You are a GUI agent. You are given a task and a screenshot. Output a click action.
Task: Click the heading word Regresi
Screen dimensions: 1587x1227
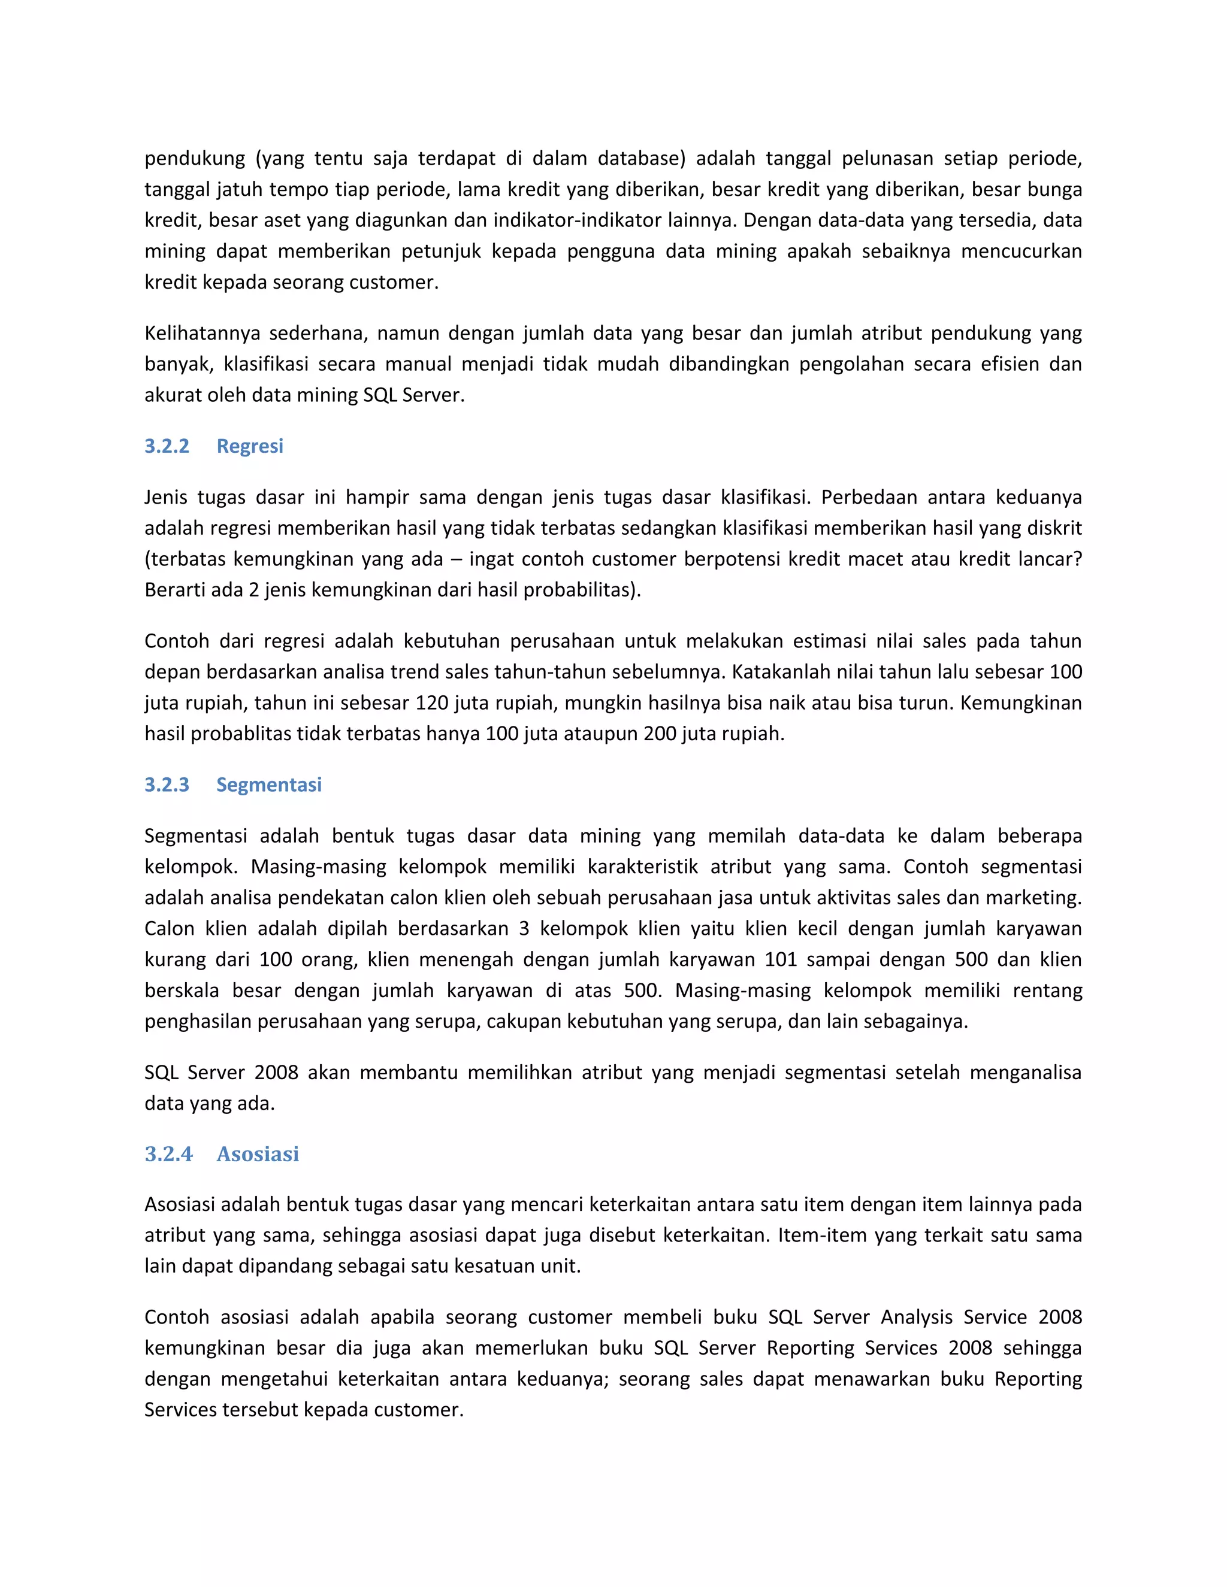click(x=249, y=446)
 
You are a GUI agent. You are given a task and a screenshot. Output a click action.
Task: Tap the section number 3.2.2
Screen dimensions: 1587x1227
click(x=167, y=446)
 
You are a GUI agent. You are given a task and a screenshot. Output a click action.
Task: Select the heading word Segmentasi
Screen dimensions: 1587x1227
click(x=269, y=785)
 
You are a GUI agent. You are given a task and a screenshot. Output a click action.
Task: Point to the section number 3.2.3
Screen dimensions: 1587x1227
click(x=167, y=785)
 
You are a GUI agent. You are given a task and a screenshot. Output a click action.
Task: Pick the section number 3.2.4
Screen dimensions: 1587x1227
click(x=168, y=1154)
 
